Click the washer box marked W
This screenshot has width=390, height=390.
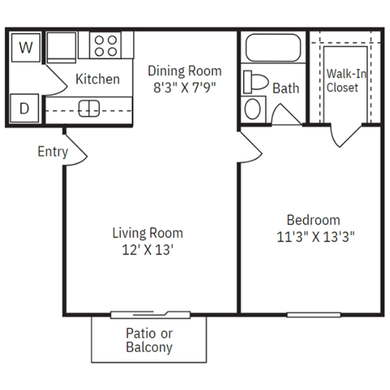(x=26, y=47)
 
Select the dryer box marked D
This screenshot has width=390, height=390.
(x=26, y=107)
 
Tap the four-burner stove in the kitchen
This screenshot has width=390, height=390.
(x=105, y=45)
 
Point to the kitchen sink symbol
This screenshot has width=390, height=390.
(x=89, y=107)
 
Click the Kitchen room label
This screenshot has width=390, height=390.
(x=97, y=80)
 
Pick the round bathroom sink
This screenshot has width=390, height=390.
(x=254, y=108)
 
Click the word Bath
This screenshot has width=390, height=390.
(x=286, y=88)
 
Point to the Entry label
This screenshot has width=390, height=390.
(x=52, y=151)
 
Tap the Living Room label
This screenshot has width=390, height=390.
(x=147, y=233)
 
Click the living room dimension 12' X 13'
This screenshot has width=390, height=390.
(x=147, y=250)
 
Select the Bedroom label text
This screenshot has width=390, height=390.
(x=313, y=220)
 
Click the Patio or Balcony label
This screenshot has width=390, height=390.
(x=149, y=340)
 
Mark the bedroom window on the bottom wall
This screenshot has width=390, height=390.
(x=313, y=314)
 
